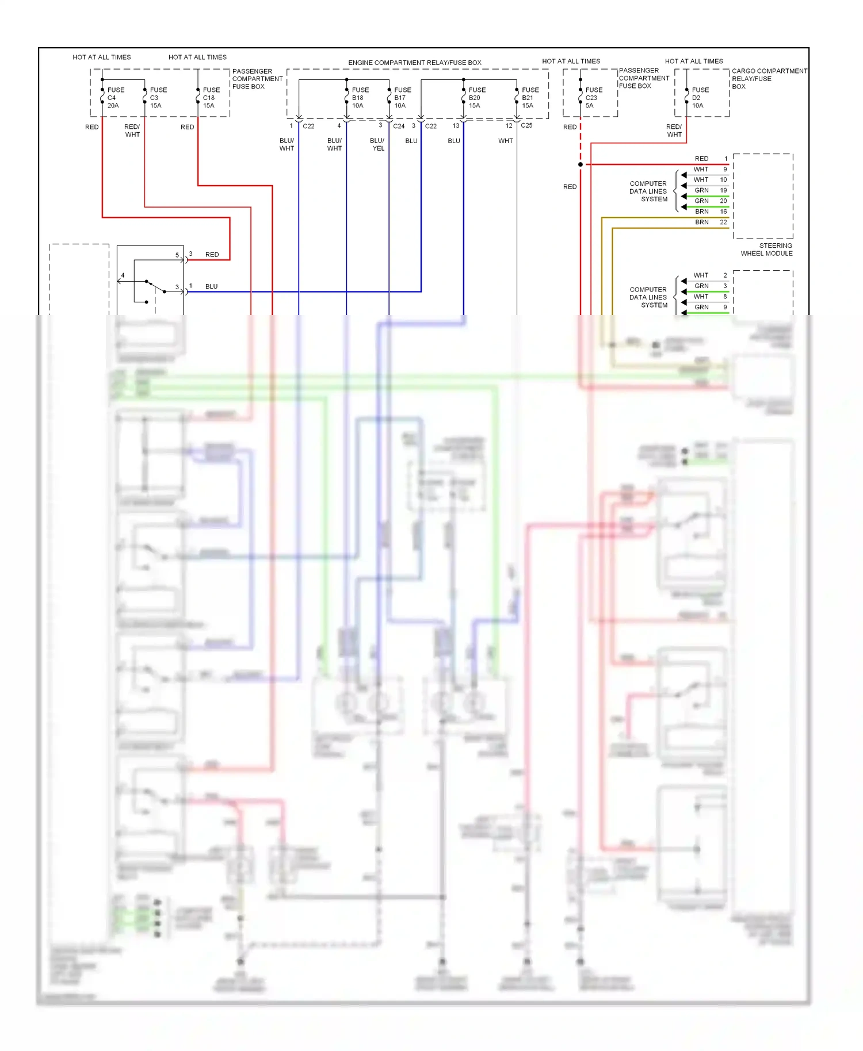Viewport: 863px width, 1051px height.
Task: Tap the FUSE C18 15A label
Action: pos(211,98)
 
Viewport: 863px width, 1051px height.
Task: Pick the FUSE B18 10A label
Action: pos(360,98)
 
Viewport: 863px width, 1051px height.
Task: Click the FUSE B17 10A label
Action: pos(402,98)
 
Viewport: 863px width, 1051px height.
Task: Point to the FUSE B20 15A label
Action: pos(476,98)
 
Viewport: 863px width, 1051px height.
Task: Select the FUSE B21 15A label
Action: pos(530,98)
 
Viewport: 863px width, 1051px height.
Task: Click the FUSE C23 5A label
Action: pos(593,98)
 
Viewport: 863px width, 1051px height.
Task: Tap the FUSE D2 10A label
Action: pos(700,98)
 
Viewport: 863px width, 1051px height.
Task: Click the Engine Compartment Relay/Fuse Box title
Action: pos(414,63)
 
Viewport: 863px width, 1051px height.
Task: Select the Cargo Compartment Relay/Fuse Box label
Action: pos(769,79)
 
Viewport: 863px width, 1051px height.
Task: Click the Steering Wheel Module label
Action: pos(766,250)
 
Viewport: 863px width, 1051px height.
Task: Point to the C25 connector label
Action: pos(526,125)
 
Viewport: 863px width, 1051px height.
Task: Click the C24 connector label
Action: pos(399,126)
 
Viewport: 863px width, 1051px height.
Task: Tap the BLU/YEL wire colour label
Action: pos(377,144)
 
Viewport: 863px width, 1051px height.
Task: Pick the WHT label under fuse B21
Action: pos(505,141)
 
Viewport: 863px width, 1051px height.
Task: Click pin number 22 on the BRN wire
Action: pos(723,222)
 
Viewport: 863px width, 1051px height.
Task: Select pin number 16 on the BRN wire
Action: pos(723,212)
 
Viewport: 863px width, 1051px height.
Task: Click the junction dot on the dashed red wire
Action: pos(581,164)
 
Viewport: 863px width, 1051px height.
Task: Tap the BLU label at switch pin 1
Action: pos(211,286)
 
